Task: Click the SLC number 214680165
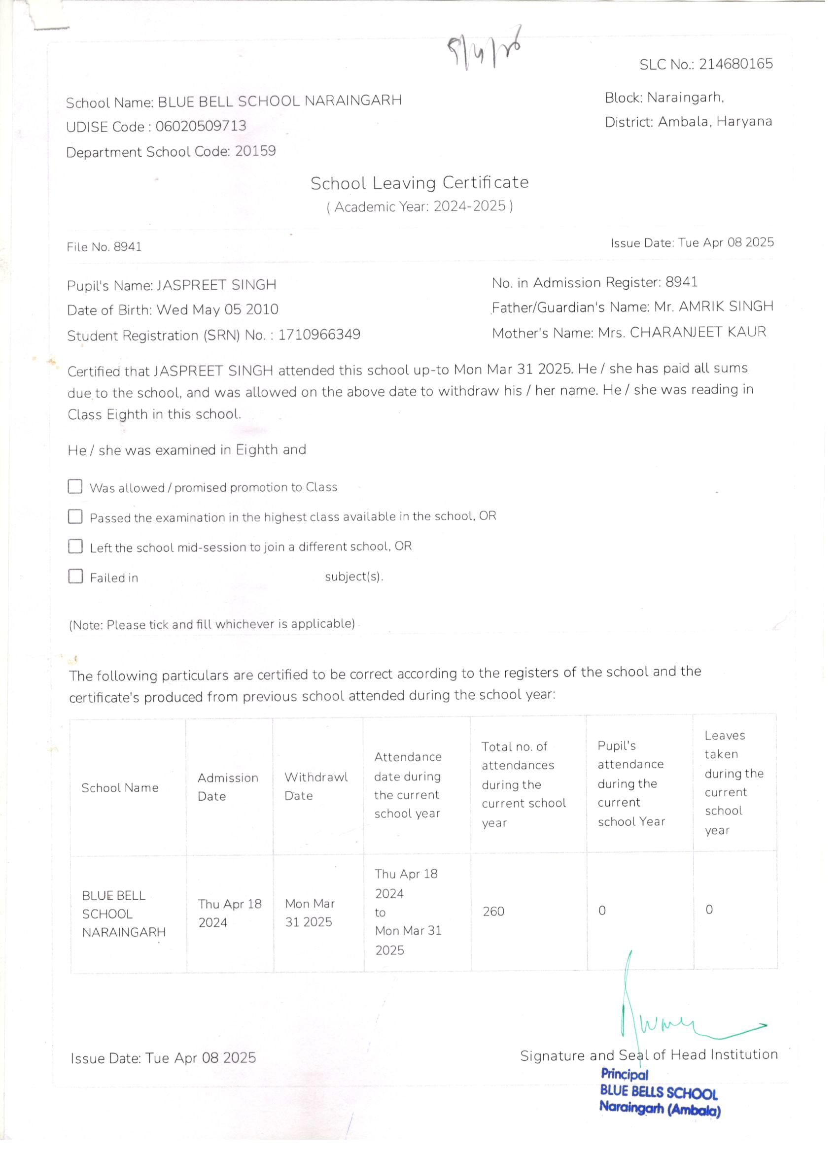point(735,64)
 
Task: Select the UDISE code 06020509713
point(201,126)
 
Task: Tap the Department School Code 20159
point(255,151)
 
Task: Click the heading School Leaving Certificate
point(419,183)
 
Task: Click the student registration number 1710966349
point(319,335)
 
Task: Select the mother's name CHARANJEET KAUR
point(698,332)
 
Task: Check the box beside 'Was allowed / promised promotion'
point(75,487)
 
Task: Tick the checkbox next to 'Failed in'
point(76,576)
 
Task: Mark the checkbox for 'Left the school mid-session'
point(75,546)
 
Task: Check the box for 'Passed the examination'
point(75,516)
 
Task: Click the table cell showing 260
point(493,911)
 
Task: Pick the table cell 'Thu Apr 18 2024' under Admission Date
point(230,913)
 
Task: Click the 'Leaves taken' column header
point(733,782)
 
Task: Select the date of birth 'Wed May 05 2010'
point(217,309)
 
